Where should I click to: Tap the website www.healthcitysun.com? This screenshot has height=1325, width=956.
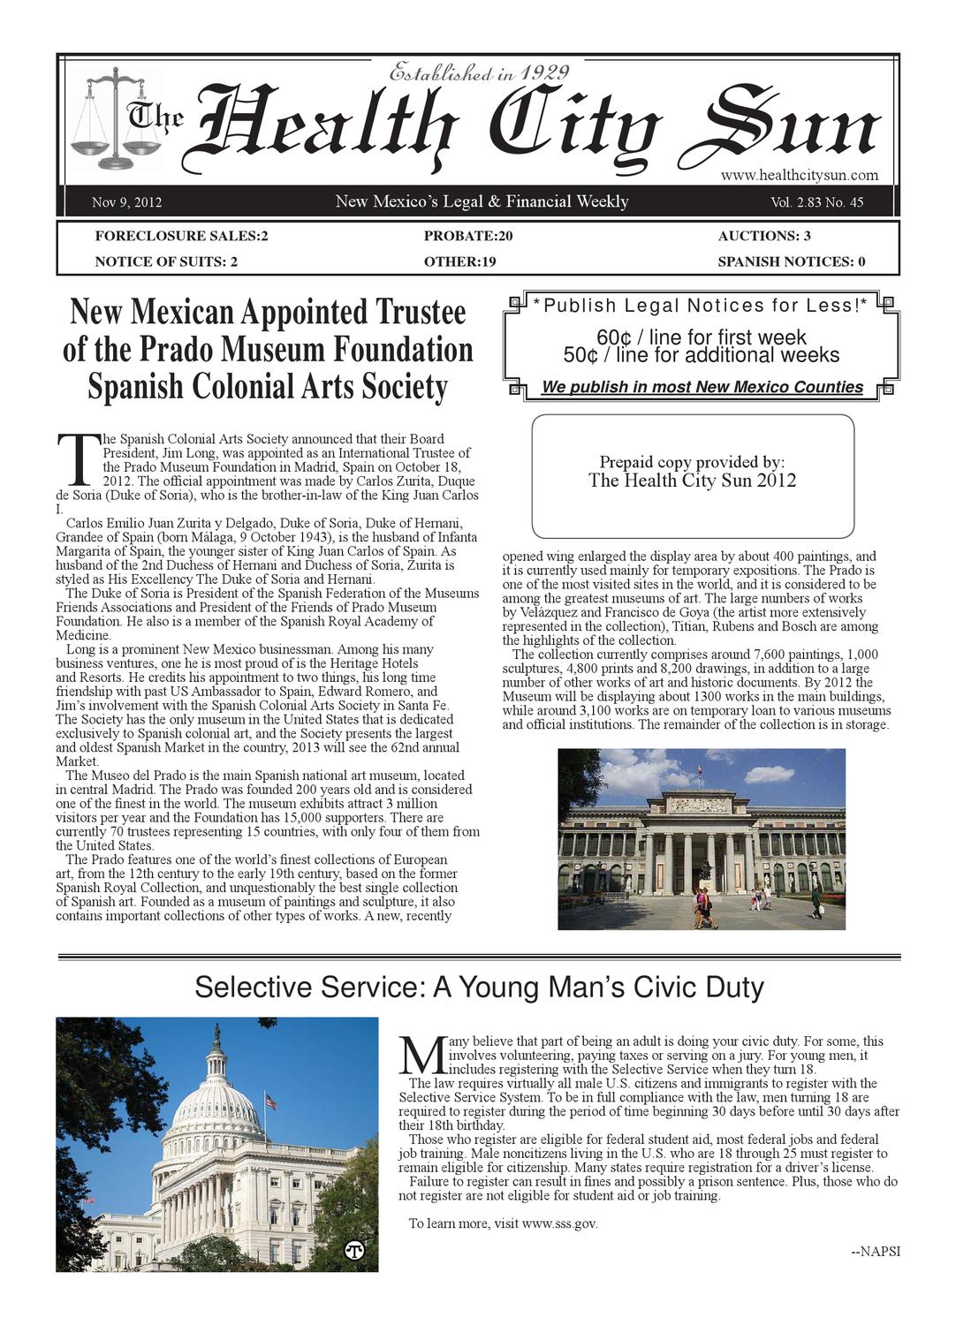799,175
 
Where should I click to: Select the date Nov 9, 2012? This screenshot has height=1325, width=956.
126,203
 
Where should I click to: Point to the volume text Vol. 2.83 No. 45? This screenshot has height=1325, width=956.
816,203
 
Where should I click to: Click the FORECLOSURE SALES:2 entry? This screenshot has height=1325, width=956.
181,236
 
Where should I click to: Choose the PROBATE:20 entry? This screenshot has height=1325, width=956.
468,236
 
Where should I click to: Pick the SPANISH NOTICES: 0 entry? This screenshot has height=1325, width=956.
791,261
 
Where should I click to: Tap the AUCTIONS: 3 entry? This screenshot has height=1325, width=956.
764,236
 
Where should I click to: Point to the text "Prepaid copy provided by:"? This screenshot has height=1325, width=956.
692,462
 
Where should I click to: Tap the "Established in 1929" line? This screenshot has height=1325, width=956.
480,72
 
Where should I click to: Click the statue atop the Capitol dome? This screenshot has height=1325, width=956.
216,1031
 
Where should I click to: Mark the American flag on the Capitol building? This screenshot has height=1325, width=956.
270,1102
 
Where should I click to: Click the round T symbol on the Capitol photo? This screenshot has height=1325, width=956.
354,1251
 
